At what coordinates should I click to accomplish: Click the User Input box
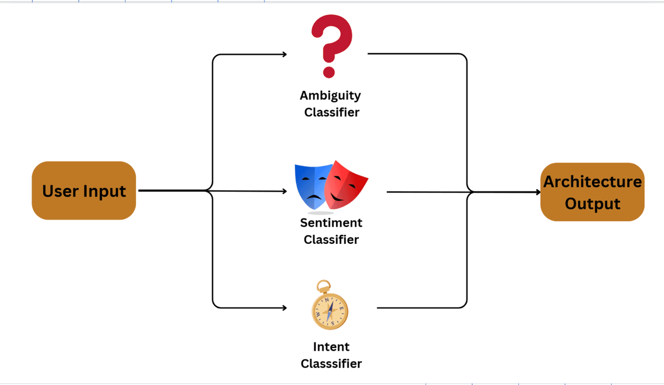click(x=84, y=191)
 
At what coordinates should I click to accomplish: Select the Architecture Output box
click(x=592, y=192)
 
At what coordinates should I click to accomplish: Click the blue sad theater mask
click(x=312, y=186)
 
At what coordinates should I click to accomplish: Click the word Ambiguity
click(x=330, y=96)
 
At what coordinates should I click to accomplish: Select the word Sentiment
click(x=331, y=223)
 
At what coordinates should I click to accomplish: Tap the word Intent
click(x=331, y=347)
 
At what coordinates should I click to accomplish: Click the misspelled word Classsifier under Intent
click(x=331, y=363)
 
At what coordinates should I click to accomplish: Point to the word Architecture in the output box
click(x=592, y=182)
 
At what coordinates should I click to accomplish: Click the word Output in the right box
click(x=592, y=204)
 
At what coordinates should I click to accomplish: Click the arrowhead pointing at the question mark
click(x=284, y=54)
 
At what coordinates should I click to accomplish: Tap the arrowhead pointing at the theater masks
click(x=284, y=191)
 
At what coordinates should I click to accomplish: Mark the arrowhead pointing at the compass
click(x=284, y=308)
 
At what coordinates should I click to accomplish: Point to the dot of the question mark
click(x=329, y=71)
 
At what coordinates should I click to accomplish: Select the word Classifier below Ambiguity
click(x=331, y=112)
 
